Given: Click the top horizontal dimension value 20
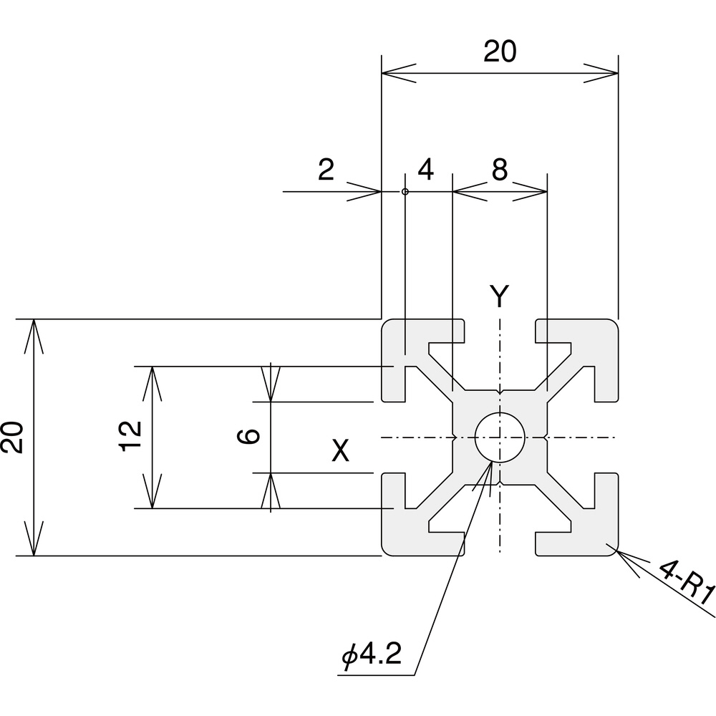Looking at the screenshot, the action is [500, 51].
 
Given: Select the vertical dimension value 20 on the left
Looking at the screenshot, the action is [12, 437].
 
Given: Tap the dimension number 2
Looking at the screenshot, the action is [326, 170].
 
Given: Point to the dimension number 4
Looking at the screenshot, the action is [425, 170].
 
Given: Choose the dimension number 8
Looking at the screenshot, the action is [500, 170].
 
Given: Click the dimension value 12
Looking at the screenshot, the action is [131, 436].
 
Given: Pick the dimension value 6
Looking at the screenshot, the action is [249, 437].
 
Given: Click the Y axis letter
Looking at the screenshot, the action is [500, 296].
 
